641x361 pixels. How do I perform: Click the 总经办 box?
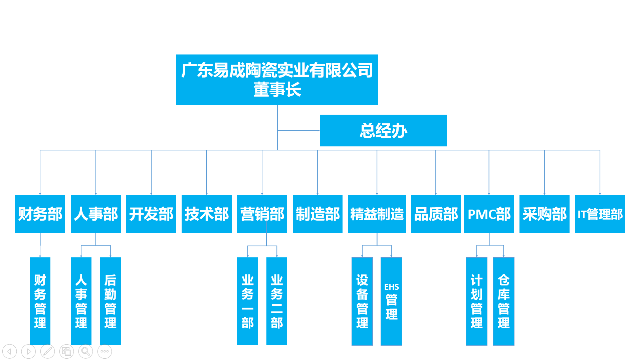point(383,130)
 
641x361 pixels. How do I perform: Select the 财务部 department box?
point(40,214)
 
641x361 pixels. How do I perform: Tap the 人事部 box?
point(96,214)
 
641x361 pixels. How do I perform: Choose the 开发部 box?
point(151,214)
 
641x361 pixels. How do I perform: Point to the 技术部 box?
point(207,214)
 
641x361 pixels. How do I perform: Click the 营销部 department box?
point(262,214)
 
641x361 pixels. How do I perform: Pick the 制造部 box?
point(317,214)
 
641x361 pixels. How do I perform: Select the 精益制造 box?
point(377,214)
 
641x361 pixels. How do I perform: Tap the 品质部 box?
point(436,214)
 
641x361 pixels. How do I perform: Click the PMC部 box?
point(489,214)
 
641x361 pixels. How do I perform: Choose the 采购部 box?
point(545,214)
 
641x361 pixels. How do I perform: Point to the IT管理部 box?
point(600,214)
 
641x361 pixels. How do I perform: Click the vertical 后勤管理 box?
point(110,301)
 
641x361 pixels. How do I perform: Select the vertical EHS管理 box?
point(391,301)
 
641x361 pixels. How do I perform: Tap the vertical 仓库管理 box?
point(503,301)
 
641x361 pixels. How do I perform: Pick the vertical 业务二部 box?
point(277,301)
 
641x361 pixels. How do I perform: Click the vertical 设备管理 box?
point(362,301)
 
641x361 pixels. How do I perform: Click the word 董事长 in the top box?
point(277,90)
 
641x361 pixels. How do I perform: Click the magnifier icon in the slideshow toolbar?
point(85,351)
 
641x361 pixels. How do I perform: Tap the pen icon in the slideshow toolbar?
point(47,351)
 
